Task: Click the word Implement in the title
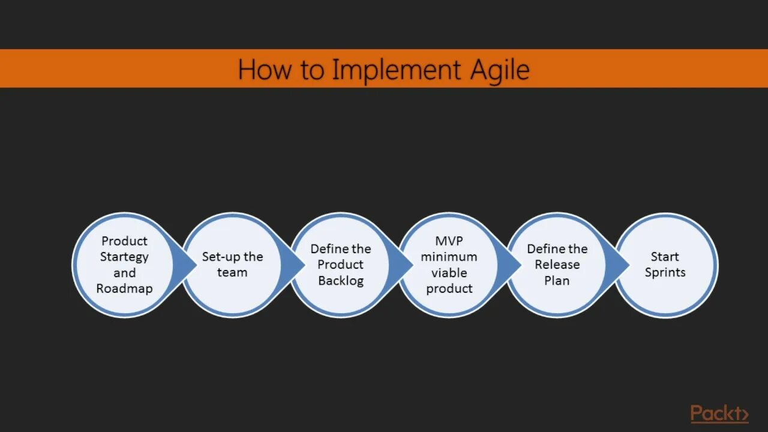pyautogui.click(x=396, y=70)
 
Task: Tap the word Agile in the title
pyautogui.click(x=500, y=70)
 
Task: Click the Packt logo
pyautogui.click(x=719, y=413)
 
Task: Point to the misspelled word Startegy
pyautogui.click(x=124, y=257)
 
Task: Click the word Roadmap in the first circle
pyautogui.click(x=124, y=289)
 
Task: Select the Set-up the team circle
pyautogui.click(x=232, y=265)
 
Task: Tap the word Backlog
pyautogui.click(x=341, y=281)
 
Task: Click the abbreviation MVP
pyautogui.click(x=449, y=241)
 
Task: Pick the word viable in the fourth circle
pyautogui.click(x=449, y=272)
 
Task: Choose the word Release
pyautogui.click(x=557, y=265)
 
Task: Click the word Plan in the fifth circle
pyautogui.click(x=557, y=281)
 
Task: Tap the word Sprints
pyautogui.click(x=665, y=272)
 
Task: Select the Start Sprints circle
pyautogui.click(x=666, y=265)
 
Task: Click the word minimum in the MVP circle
pyautogui.click(x=449, y=257)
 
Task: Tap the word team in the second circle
pyautogui.click(x=232, y=273)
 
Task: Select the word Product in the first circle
pyautogui.click(x=124, y=241)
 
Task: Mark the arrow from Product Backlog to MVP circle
pyautogui.click(x=403, y=265)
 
